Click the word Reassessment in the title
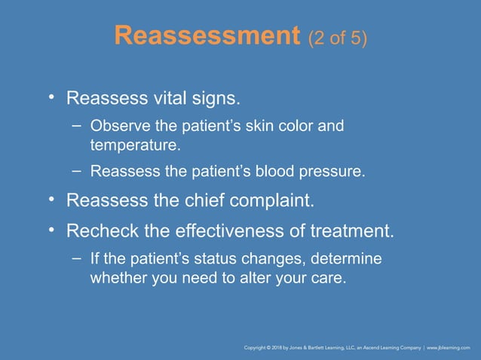(207, 35)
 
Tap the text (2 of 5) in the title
(338, 37)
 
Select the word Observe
(117, 126)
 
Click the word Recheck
(97, 230)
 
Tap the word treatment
(354, 230)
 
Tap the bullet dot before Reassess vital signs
(52, 98)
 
